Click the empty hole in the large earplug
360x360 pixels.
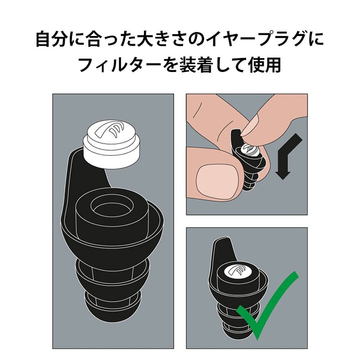tap(112, 204)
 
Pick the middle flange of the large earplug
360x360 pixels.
tap(112, 274)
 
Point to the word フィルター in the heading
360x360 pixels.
tap(121, 65)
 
